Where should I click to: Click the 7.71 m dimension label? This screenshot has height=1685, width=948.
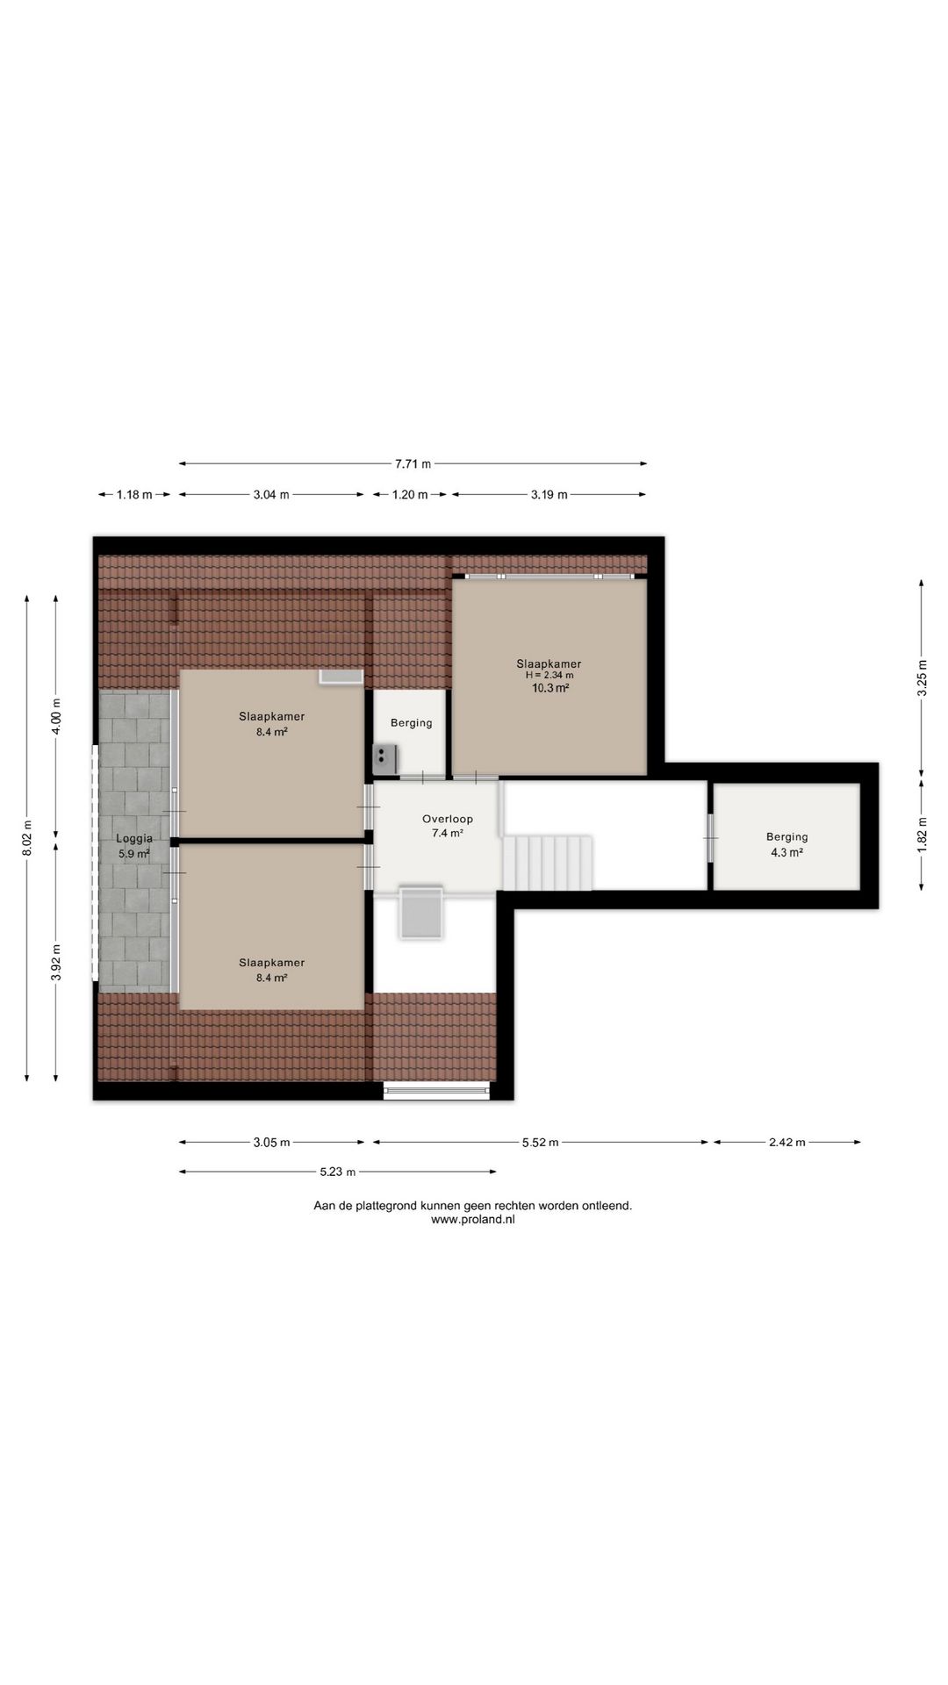(x=413, y=463)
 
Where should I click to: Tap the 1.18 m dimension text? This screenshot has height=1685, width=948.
(x=133, y=495)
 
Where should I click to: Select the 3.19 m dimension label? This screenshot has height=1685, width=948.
(x=549, y=495)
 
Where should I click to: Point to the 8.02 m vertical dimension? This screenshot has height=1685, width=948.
(x=26, y=837)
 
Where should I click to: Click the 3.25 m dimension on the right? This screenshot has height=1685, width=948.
(x=922, y=678)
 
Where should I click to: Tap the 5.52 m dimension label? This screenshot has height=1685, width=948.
(x=540, y=1143)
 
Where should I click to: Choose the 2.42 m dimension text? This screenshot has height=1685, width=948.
(x=786, y=1143)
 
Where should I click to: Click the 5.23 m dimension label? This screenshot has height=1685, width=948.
(x=338, y=1172)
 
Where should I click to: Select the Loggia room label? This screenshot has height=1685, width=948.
(x=133, y=838)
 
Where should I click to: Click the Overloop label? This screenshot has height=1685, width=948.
(x=447, y=819)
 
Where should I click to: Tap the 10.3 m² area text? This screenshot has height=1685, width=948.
(x=549, y=688)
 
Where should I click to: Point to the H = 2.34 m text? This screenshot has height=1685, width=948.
(x=549, y=676)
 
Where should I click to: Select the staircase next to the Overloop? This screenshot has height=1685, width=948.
(x=549, y=863)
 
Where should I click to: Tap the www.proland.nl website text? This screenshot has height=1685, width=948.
(x=472, y=1219)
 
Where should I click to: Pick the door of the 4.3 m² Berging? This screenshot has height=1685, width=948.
(x=710, y=838)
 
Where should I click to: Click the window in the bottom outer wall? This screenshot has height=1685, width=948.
(x=436, y=1091)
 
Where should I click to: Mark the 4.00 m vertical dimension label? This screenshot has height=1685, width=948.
(x=56, y=714)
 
